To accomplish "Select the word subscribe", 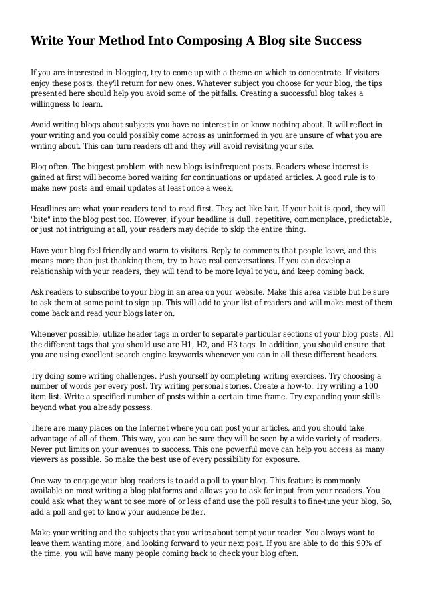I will (x=100, y=293).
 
